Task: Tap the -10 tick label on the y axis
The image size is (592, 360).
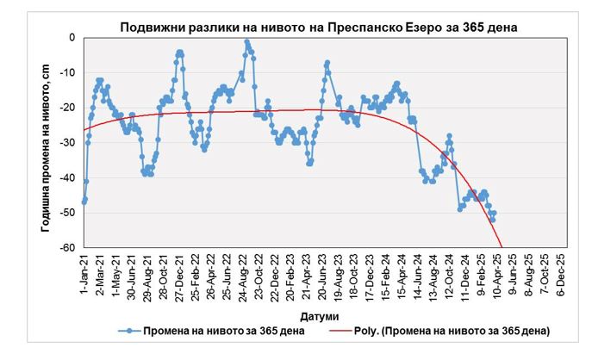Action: click(68, 73)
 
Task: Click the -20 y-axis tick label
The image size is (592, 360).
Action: click(68, 108)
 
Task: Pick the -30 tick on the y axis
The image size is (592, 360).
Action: click(68, 143)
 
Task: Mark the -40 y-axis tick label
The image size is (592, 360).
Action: click(68, 177)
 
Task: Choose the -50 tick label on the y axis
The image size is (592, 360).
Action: click(68, 213)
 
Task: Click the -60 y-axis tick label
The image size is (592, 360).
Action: click(68, 247)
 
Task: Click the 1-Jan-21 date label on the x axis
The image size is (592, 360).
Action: click(84, 275)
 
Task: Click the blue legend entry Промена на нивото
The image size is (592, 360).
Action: click(207, 331)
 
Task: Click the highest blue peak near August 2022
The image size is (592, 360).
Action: click(246, 41)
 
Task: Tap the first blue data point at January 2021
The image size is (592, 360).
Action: click(84, 201)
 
